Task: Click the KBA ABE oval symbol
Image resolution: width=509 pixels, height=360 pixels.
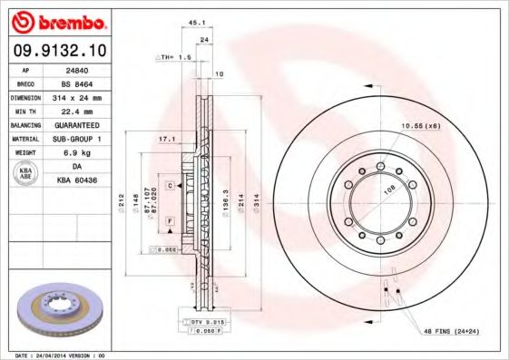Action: (25, 173)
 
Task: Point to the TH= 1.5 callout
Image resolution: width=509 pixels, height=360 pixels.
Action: (176, 56)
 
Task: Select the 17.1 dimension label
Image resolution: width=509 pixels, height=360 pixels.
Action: (166, 139)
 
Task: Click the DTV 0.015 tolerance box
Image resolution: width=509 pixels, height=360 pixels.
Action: (201, 323)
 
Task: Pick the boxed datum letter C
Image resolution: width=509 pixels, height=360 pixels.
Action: (169, 185)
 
